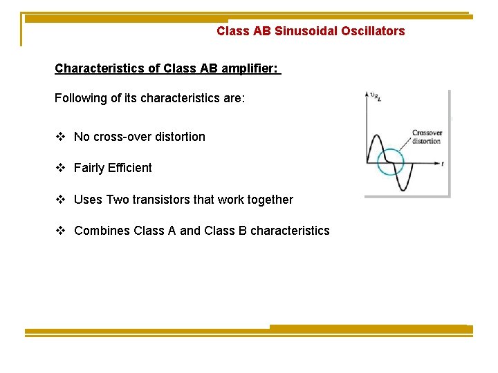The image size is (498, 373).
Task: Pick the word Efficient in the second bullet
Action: coord(130,168)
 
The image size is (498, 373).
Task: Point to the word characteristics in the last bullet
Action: coord(290,231)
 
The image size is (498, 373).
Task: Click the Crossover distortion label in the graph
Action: coord(426,137)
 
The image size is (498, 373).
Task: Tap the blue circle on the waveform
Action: coord(390,163)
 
